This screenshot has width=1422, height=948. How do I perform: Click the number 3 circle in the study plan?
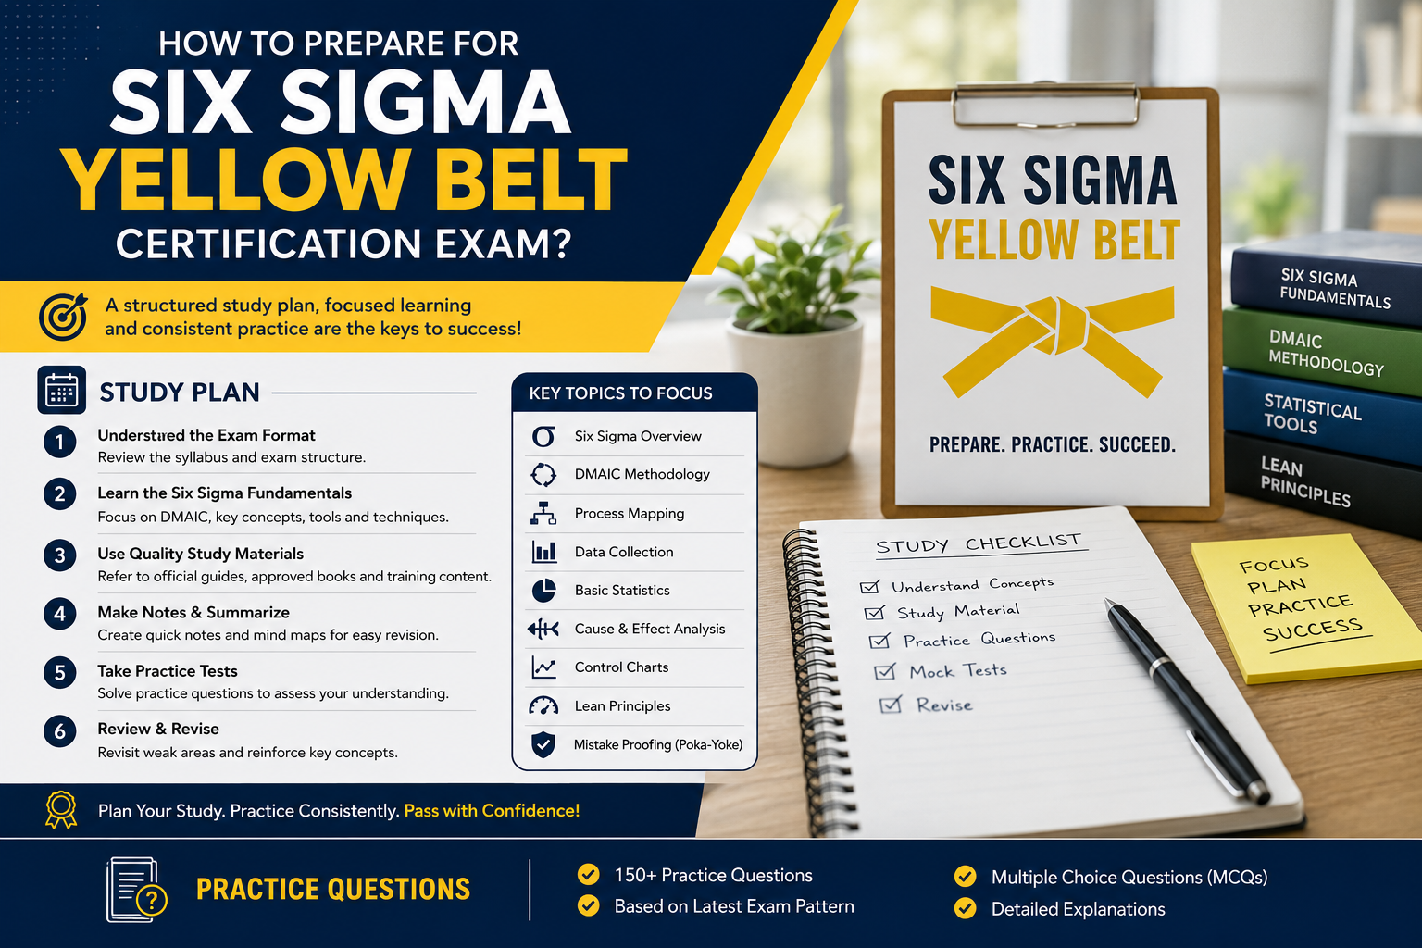[x=59, y=555]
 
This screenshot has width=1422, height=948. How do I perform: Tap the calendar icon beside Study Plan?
[x=62, y=390]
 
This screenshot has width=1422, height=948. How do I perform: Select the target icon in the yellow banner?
[x=63, y=317]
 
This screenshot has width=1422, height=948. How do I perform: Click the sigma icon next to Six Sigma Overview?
[x=543, y=436]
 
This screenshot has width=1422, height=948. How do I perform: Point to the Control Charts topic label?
[x=621, y=667]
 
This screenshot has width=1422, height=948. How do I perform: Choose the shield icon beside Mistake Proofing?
[x=543, y=744]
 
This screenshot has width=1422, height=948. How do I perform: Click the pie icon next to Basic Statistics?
[x=543, y=591]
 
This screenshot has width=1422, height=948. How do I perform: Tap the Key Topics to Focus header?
[x=621, y=393]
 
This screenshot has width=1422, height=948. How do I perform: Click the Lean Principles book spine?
[x=1324, y=482]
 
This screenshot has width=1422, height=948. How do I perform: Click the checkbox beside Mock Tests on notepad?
[x=885, y=672]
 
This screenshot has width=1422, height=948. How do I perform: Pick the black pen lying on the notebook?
[x=1186, y=699]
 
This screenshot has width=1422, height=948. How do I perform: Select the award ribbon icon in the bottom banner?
[x=61, y=809]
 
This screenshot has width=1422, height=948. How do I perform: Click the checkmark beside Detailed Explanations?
[x=965, y=908]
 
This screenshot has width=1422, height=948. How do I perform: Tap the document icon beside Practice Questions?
[x=135, y=890]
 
